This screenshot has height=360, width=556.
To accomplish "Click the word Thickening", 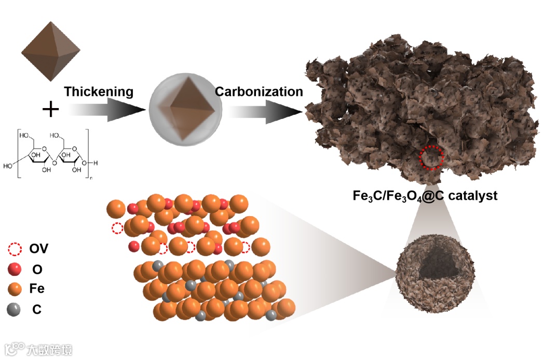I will click(x=99, y=92).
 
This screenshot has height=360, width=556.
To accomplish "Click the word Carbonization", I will click(x=259, y=92).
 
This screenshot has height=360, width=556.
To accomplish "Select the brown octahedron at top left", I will click(x=51, y=51).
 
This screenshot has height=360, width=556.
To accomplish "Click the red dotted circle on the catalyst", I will click(x=432, y=157).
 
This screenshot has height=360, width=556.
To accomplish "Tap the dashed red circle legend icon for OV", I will click(x=15, y=249).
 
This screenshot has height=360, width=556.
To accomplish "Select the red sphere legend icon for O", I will click(x=15, y=269).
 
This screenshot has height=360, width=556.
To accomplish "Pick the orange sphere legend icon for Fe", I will click(x=15, y=289).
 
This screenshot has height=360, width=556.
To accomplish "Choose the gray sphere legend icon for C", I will click(x=15, y=310).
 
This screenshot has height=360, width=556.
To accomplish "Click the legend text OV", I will click(x=38, y=249).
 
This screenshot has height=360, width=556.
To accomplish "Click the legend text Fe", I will click(x=37, y=289).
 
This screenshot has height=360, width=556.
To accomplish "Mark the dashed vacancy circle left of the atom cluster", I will click(x=117, y=228).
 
